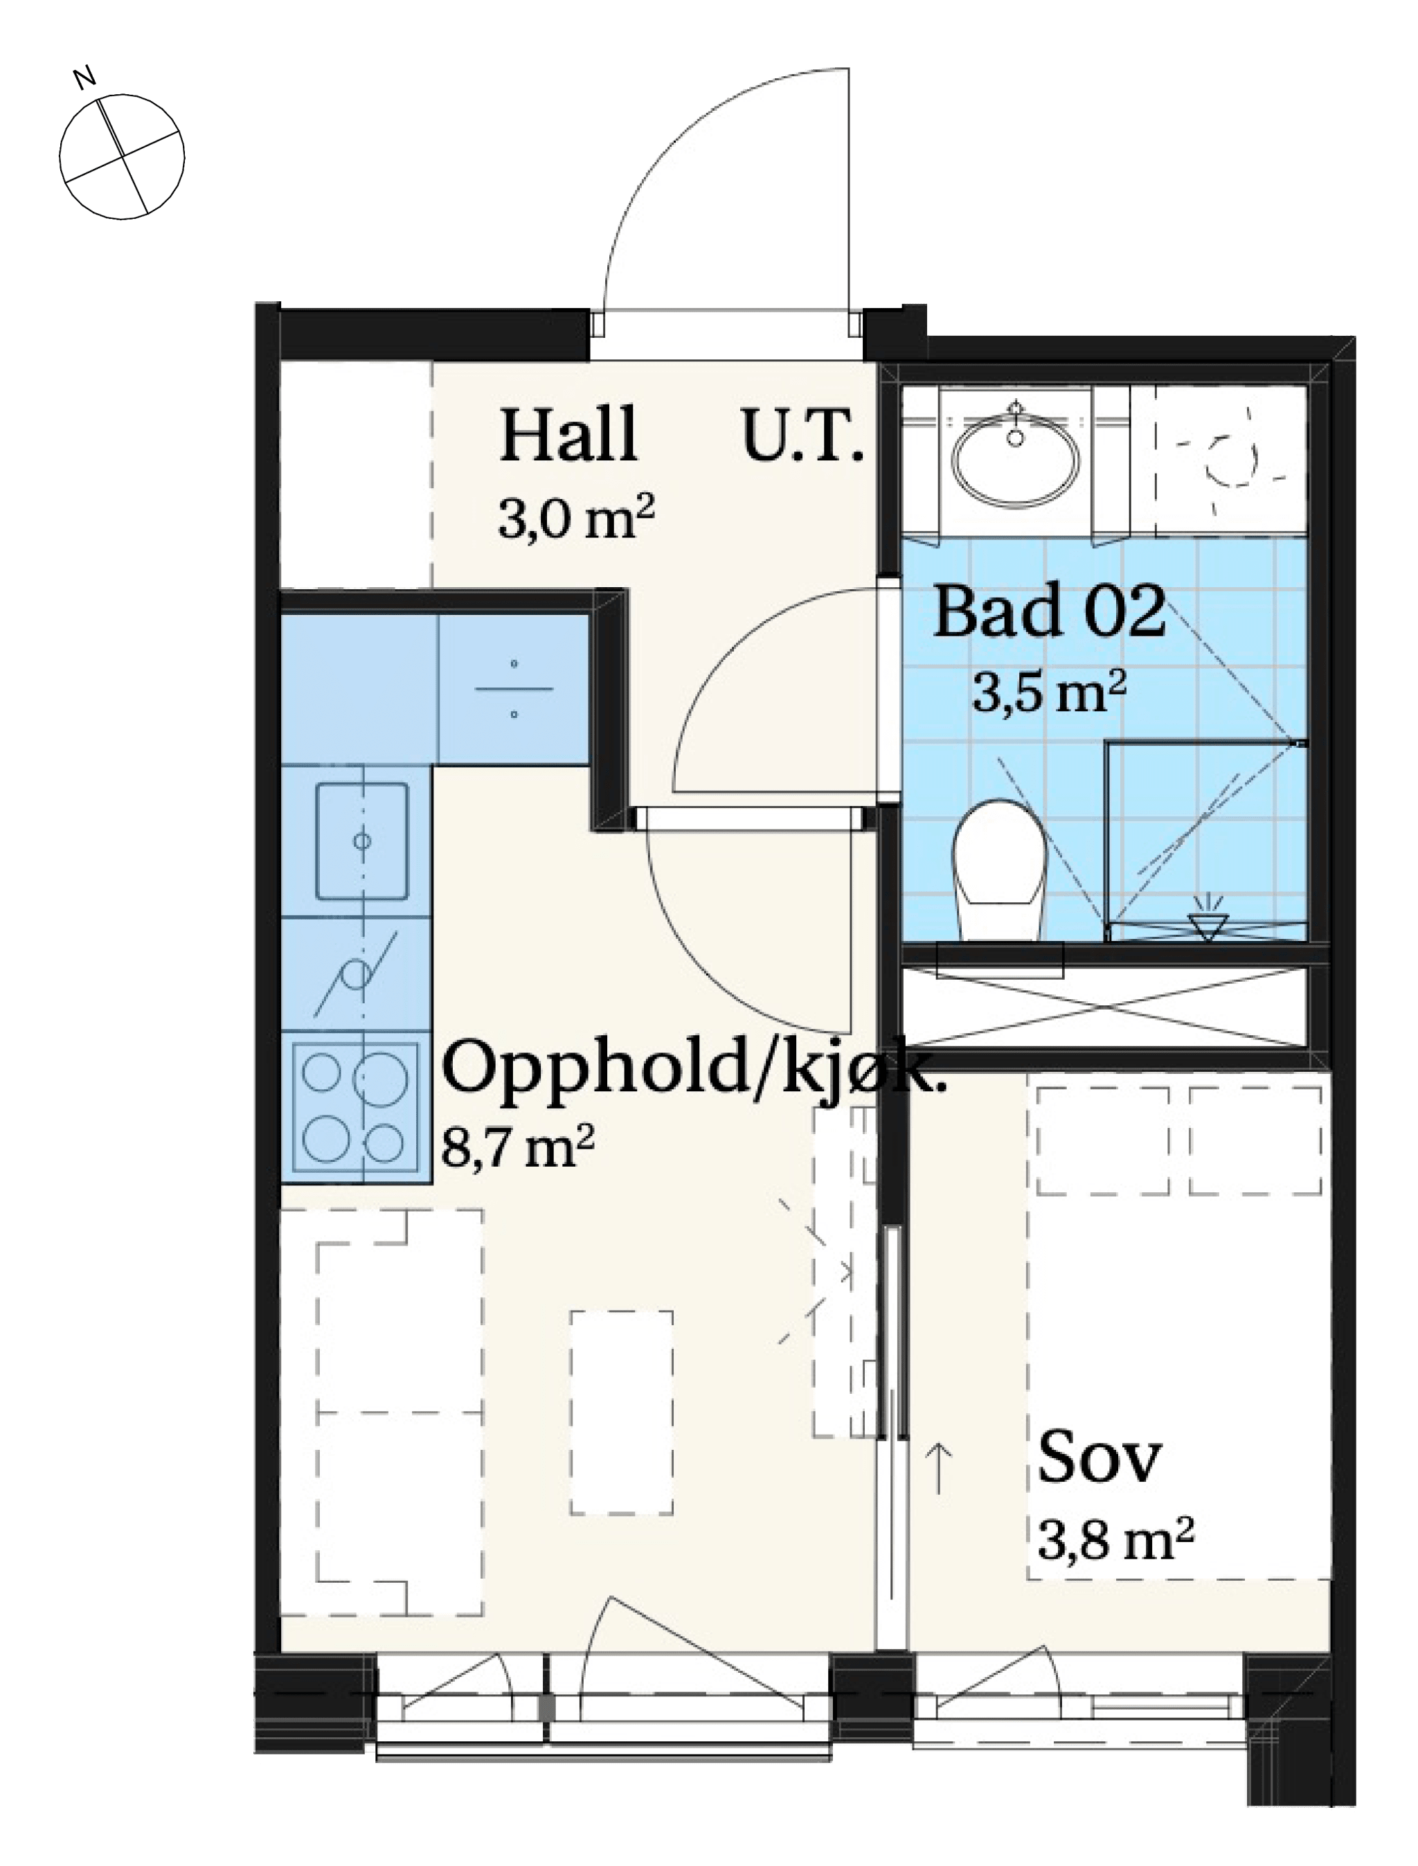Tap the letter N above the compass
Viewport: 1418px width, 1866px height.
click(x=84, y=78)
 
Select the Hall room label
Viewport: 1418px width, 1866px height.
click(x=568, y=435)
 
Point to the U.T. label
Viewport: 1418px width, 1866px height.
click(x=802, y=435)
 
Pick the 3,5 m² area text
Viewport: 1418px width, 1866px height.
click(x=1049, y=692)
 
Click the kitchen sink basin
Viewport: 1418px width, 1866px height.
click(x=361, y=841)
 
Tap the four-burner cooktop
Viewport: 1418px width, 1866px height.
click(x=355, y=1107)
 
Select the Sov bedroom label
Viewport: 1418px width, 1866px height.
click(x=1099, y=1457)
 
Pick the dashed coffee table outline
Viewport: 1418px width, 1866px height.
click(x=621, y=1412)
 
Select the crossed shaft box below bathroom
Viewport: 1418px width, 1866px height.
click(x=1104, y=1007)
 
